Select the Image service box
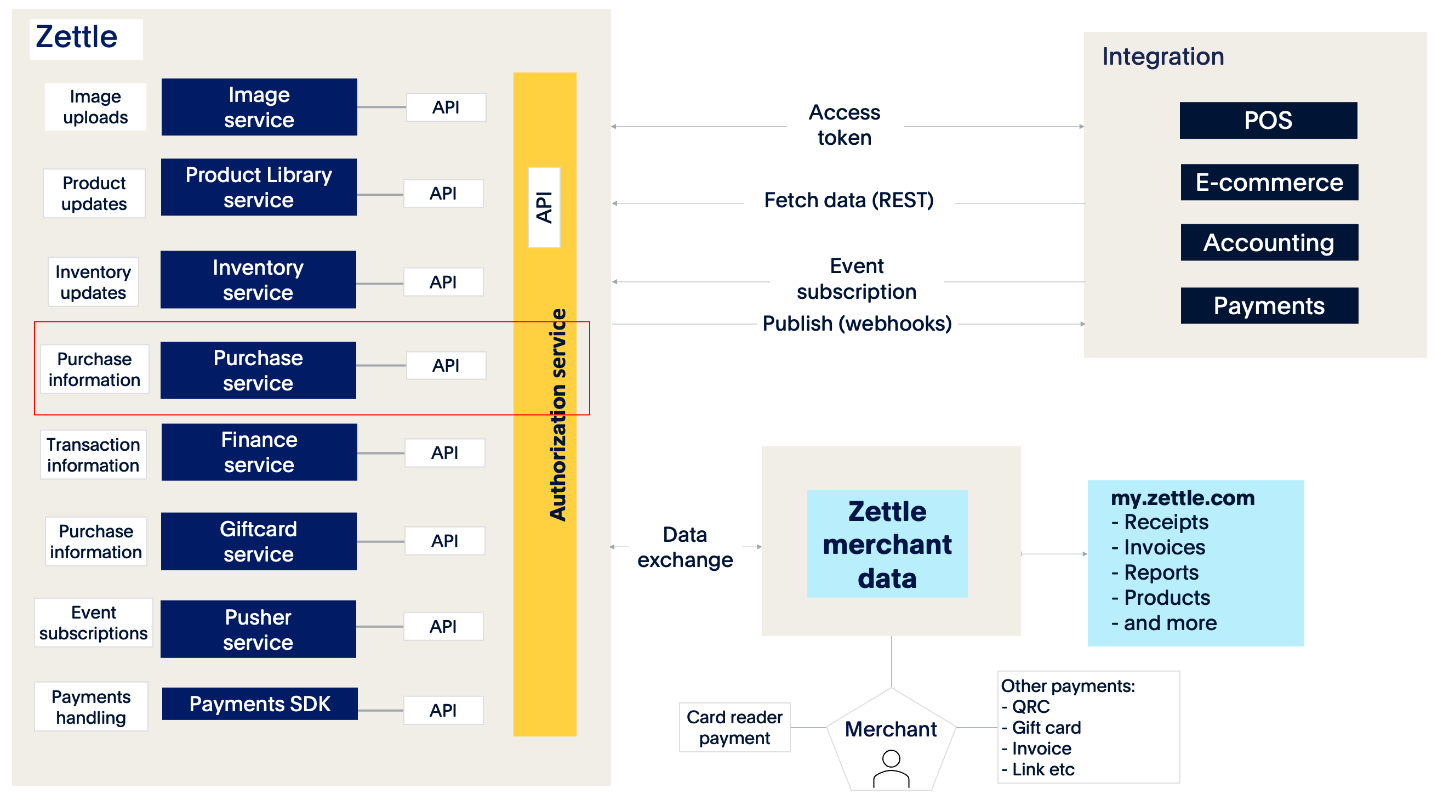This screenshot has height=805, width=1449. (259, 107)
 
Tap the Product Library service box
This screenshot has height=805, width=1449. (259, 187)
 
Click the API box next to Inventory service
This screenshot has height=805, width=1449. (443, 282)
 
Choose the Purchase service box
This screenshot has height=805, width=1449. (258, 370)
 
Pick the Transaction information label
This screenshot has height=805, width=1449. (93, 455)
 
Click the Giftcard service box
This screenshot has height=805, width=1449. (259, 541)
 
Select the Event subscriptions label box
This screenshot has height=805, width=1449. (93, 622)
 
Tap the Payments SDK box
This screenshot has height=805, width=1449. (260, 704)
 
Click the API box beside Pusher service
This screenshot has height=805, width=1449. (443, 627)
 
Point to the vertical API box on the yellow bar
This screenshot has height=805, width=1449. (544, 207)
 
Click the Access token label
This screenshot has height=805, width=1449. (845, 125)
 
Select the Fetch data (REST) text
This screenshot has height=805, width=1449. (848, 200)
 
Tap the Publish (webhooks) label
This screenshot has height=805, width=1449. (857, 324)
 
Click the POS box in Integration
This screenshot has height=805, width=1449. (1268, 121)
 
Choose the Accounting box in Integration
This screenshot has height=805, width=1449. (1269, 242)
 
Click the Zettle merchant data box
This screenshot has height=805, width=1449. (887, 544)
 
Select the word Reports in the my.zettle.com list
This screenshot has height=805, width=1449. (1161, 572)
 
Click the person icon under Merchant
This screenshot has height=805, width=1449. (891, 768)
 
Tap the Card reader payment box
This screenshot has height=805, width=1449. (734, 727)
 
